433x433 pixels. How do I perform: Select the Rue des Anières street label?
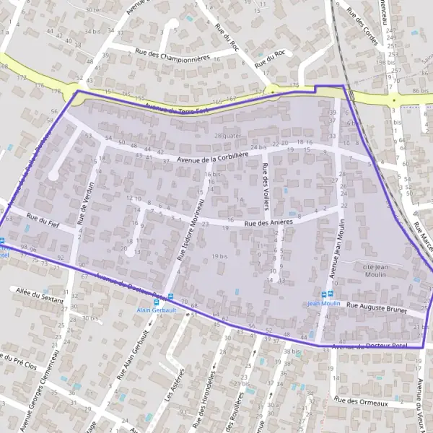(x=268, y=223)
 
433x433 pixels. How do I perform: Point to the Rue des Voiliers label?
(x=266, y=186)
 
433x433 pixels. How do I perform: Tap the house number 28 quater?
(x=226, y=136)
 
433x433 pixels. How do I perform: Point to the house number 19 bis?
(x=221, y=256)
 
